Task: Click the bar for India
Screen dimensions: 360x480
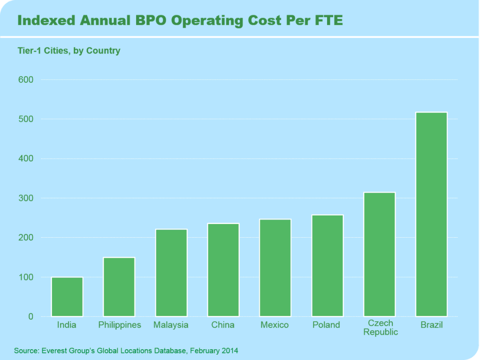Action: [67, 297]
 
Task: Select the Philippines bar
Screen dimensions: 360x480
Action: [119, 287]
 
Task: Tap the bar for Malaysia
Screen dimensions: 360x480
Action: [171, 273]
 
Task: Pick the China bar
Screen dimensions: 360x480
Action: [223, 270]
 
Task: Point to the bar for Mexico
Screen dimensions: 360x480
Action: [275, 268]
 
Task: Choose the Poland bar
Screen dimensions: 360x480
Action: [328, 266]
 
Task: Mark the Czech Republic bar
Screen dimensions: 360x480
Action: [380, 255]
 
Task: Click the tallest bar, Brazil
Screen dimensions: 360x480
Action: [432, 214]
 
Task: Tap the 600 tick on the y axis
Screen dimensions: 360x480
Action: [26, 80]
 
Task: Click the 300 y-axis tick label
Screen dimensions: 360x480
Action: [26, 198]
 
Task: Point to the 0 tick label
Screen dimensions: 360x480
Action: [30, 317]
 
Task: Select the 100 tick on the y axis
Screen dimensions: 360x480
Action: [26, 277]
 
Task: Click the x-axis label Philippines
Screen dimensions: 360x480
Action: [120, 325]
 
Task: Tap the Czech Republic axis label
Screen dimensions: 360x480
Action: [381, 328]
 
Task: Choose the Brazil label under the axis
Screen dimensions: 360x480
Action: [432, 325]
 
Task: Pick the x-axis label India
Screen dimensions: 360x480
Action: [67, 325]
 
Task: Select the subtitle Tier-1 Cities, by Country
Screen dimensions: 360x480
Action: [69, 51]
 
